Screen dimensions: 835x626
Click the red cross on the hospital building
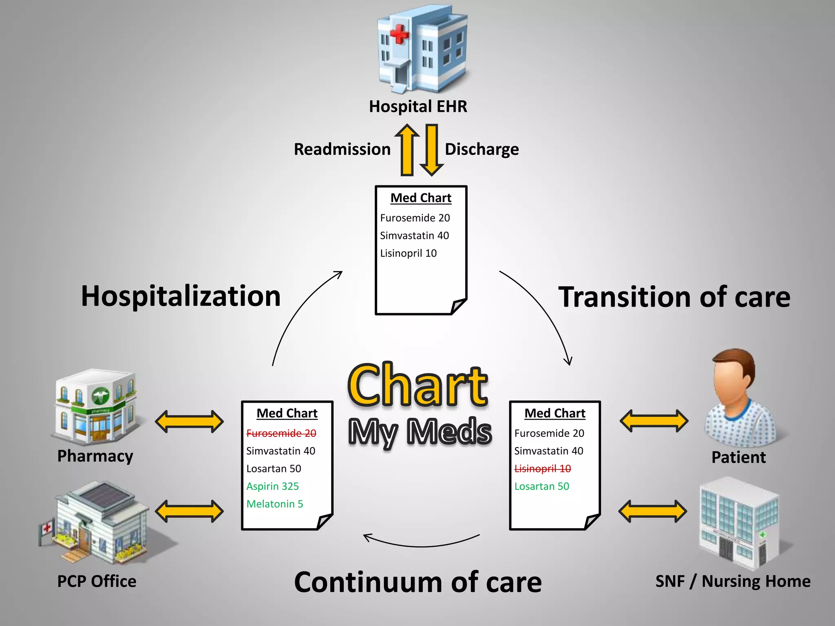click(399, 33)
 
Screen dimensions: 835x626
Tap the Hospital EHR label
click(418, 107)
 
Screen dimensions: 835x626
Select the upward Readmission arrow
click(407, 150)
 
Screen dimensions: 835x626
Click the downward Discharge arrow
click(431, 150)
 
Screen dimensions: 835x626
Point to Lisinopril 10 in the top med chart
click(408, 253)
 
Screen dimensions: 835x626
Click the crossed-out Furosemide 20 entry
click(281, 433)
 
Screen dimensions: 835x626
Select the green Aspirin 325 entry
click(272, 486)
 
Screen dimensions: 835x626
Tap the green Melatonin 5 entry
click(275, 504)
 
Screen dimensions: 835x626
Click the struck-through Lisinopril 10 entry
click(543, 469)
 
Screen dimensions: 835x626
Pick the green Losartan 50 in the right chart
click(541, 486)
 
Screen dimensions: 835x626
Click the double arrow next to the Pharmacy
click(190, 421)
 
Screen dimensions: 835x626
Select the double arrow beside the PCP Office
click(190, 511)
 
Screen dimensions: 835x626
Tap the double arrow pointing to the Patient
click(654, 421)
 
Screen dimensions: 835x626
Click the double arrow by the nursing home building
click(653, 511)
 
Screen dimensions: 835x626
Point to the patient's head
click(733, 377)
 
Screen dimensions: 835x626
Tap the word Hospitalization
click(181, 296)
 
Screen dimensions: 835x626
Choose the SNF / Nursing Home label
click(733, 582)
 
